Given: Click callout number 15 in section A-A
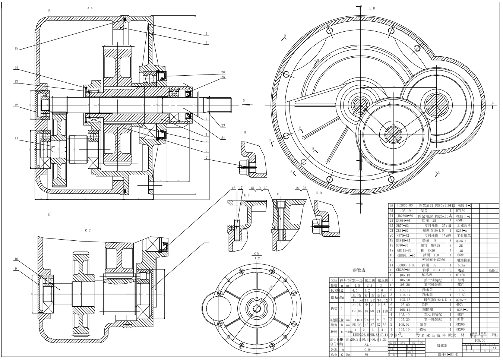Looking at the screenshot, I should pyautogui.click(x=16, y=48).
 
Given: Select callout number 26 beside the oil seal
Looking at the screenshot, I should pyautogui.click(x=223, y=72).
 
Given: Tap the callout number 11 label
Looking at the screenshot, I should pyautogui.click(x=16, y=138).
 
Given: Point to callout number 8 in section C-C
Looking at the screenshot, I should pyautogui.click(x=206, y=241).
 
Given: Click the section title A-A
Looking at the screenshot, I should pyautogui.click(x=90, y=7).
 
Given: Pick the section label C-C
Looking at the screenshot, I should pyautogui.click(x=88, y=230).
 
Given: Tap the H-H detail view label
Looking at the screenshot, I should pyautogui.click(x=243, y=132).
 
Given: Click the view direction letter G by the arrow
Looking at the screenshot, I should pyautogui.click(x=244, y=101).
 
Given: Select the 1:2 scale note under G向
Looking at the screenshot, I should pyautogui.click(x=257, y=258).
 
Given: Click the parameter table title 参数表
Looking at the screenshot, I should pyautogui.click(x=359, y=270).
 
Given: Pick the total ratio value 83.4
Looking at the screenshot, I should pyautogui.click(x=367, y=345).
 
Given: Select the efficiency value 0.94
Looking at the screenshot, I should pyautogui.click(x=367, y=350).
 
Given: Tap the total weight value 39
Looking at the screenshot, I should pyautogui.click(x=367, y=355).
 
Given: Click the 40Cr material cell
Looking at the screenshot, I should pyautogui.click(x=461, y=304).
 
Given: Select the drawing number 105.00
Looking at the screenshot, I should pyautogui.click(x=480, y=340).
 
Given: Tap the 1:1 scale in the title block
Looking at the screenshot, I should pyautogui.click(x=494, y=348).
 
